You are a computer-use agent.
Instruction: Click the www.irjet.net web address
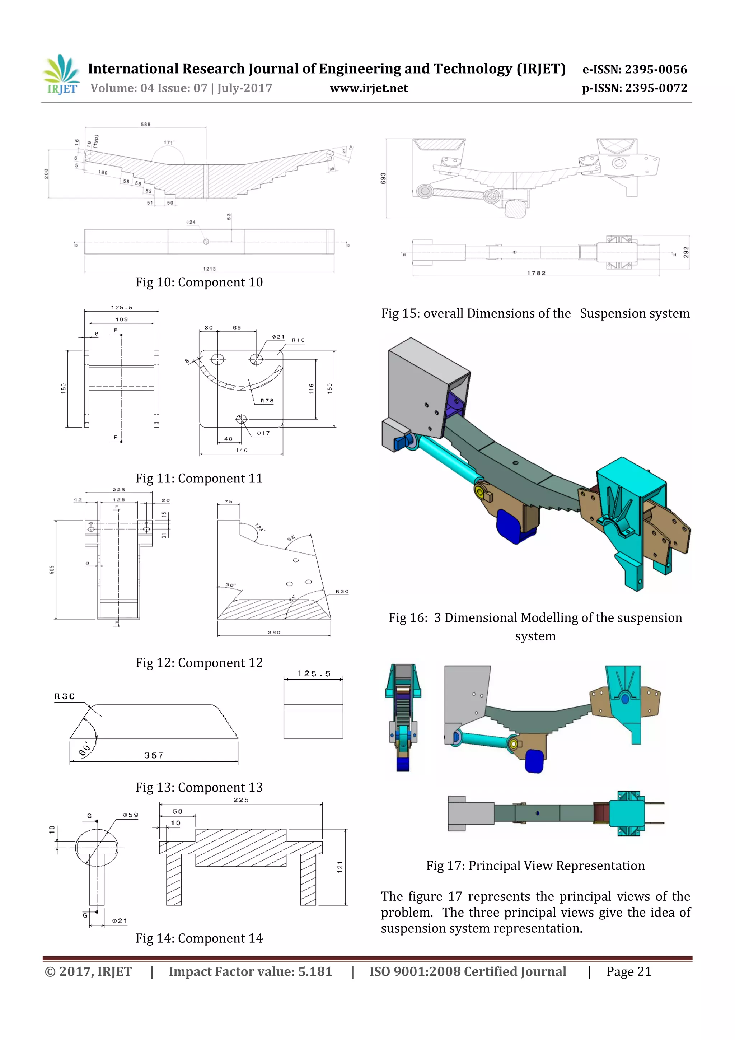pos(369,88)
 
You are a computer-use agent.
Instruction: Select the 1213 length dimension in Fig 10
pos(209,269)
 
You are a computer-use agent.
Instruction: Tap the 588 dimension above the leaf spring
pos(145,124)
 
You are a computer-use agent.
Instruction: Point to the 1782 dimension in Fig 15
pos(536,273)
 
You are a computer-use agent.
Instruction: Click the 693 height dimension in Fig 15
pos(383,178)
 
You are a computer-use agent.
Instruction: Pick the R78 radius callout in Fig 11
pos(267,400)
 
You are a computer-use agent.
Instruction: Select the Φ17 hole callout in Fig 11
pos(263,433)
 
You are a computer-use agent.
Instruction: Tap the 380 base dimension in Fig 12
pos(274,632)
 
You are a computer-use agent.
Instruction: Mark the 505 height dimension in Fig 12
pos(52,569)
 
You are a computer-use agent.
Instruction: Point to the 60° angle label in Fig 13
pos(85,749)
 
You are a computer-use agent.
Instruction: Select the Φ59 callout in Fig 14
pos(130,815)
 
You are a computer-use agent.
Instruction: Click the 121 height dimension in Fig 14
pos(340,867)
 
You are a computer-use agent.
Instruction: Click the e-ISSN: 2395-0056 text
pos(635,69)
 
